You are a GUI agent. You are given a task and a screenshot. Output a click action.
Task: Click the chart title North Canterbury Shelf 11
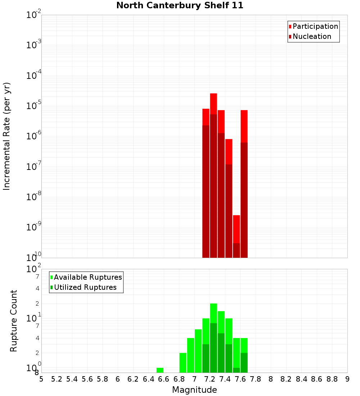pos(180,6)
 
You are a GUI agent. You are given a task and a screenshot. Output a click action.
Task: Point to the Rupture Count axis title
pos(14,321)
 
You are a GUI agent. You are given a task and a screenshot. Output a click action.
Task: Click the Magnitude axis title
pos(194,390)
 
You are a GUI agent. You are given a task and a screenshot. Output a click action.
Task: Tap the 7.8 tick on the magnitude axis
pos(256,379)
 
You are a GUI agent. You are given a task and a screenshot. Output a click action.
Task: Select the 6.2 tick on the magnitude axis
pos(133,379)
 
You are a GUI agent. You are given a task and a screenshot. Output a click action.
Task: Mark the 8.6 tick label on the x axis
pos(317,379)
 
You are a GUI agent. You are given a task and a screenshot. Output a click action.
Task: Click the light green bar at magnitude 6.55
pos(160,370)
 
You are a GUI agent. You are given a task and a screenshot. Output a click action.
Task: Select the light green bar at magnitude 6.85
pos(183,363)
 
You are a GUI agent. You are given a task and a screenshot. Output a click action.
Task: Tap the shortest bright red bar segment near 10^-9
pos(237,229)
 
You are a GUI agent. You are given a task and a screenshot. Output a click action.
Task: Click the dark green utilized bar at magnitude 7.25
pos(213,347)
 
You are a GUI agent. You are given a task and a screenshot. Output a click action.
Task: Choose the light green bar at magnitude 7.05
pos(198,351)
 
